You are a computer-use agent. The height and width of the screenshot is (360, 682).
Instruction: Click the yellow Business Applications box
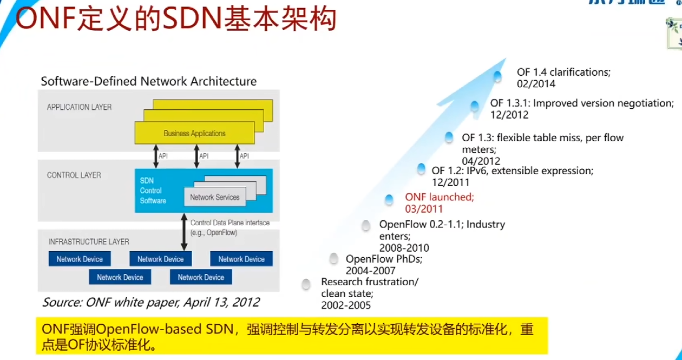click(194, 133)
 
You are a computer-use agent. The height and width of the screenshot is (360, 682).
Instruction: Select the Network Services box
click(214, 197)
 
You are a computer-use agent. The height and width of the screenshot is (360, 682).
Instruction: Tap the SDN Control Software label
click(153, 191)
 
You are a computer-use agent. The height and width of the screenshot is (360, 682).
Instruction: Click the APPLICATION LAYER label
click(79, 107)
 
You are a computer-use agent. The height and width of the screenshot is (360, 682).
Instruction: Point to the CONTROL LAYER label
click(74, 175)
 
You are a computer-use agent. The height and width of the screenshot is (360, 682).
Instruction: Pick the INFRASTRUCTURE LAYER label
click(89, 241)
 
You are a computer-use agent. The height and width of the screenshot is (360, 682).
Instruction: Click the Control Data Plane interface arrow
click(184, 232)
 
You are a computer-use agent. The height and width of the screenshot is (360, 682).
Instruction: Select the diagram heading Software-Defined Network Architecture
click(149, 82)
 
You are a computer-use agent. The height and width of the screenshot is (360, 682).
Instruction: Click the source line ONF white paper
click(151, 302)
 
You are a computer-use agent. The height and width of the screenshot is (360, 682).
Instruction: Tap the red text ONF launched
click(440, 197)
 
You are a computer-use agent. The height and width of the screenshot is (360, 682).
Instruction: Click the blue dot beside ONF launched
click(389, 200)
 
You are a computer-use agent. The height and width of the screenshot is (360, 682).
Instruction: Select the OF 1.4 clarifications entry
click(563, 72)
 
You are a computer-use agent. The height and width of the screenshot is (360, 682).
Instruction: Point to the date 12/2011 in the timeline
click(451, 182)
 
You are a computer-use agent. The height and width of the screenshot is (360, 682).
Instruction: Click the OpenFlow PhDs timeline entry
click(384, 259)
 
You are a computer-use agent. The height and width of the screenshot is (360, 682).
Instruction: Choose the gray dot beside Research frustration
click(306, 284)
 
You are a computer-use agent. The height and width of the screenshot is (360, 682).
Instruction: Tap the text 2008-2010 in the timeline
click(404, 248)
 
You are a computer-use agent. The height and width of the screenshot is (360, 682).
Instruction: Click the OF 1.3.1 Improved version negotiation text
click(582, 103)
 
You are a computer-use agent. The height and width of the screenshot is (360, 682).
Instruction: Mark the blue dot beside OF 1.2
click(421, 169)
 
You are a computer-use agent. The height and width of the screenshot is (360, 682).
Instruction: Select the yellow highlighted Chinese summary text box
click(292, 336)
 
